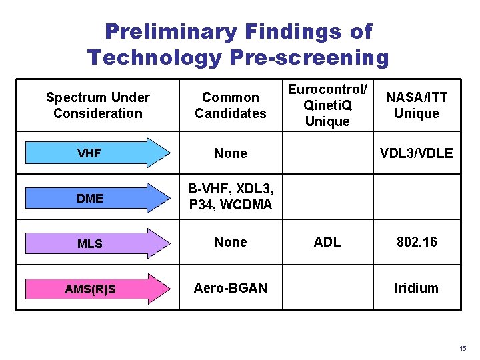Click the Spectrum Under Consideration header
click(x=98, y=105)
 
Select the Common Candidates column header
click(x=230, y=105)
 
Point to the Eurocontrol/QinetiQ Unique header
click(x=327, y=105)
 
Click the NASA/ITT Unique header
click(x=416, y=105)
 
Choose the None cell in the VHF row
click(x=230, y=153)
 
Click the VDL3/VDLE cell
click(x=416, y=153)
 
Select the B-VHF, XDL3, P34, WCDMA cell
click(x=230, y=197)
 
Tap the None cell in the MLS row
click(x=230, y=242)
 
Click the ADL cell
click(x=327, y=242)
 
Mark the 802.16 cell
click(x=416, y=242)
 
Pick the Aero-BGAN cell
click(x=230, y=288)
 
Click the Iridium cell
click(x=416, y=288)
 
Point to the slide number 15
click(x=463, y=349)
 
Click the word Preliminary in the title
click(x=171, y=31)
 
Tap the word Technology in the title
click(x=154, y=58)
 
